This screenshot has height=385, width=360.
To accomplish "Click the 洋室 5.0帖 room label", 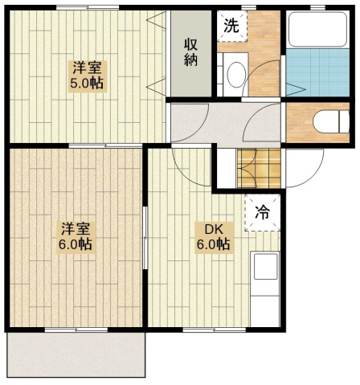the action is tap(88, 76).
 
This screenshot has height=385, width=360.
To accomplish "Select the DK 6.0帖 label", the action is tap(214, 237).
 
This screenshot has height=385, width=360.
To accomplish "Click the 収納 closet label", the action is tap(191, 52).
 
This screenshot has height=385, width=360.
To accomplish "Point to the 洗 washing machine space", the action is tap(231, 26).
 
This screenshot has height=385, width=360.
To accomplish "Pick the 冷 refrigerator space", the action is tap(262, 213).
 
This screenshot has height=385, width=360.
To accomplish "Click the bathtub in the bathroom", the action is tap(317, 30).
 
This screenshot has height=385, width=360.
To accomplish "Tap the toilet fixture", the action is tap(331, 122).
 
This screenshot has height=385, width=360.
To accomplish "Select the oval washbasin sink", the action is tap(236, 75).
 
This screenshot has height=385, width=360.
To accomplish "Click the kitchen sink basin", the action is tap(265, 266).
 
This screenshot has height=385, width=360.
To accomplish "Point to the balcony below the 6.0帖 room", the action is tap(76, 354).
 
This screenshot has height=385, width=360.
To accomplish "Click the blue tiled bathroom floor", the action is tap(317, 72).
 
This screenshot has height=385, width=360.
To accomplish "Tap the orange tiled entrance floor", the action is tap(259, 168).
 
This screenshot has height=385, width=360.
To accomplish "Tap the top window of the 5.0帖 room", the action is tap(88, 7).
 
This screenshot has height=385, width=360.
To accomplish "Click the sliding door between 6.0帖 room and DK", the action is tap(145, 238).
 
